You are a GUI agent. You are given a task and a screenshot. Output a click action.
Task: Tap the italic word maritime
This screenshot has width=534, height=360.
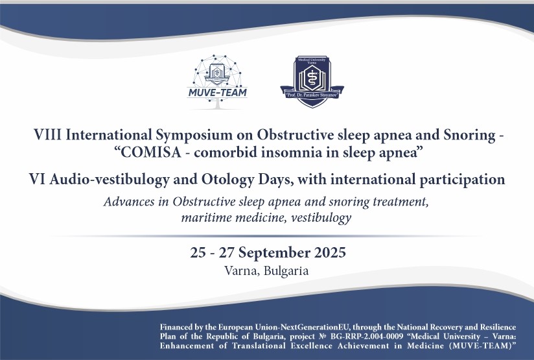pyautogui.click(x=207, y=217)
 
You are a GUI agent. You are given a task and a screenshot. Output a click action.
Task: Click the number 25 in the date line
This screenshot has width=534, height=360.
pyautogui.click(x=200, y=251)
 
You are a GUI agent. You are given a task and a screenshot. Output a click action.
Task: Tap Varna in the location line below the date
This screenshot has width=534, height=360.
pyautogui.click(x=239, y=270)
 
